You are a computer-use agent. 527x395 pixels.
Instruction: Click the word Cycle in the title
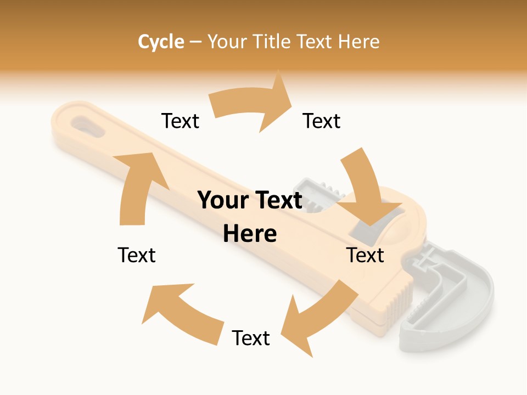[161, 42]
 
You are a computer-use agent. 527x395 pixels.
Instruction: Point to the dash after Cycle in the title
[195, 42]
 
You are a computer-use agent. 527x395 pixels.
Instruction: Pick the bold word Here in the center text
[250, 234]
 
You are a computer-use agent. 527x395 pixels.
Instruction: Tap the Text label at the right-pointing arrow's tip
[322, 121]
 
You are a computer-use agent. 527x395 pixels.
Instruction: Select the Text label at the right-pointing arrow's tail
[180, 121]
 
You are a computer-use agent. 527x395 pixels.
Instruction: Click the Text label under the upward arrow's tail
[137, 255]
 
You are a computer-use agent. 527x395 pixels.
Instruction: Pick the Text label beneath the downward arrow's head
[365, 255]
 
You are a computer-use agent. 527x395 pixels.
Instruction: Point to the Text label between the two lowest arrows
[251, 338]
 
